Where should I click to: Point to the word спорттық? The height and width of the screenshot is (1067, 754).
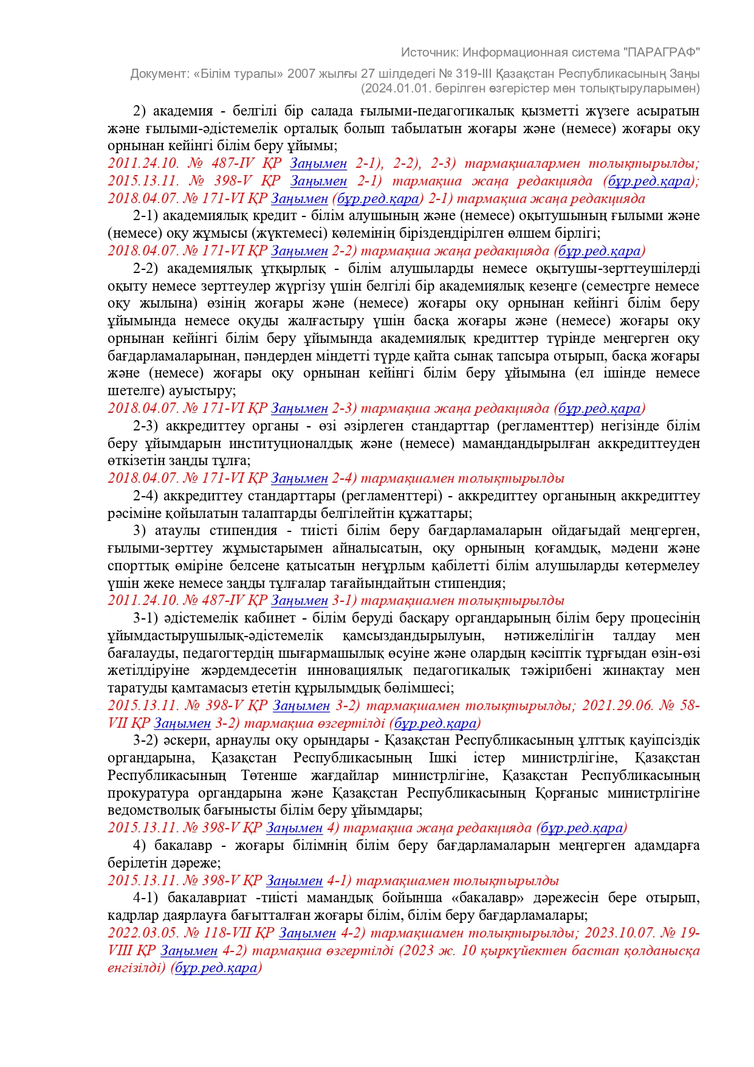click(x=134, y=566)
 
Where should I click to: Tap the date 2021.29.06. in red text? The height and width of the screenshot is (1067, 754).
click(x=617, y=706)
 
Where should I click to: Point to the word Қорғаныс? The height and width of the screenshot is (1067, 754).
click(x=567, y=793)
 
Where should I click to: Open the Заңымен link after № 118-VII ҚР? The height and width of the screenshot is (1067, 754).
click(x=307, y=933)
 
